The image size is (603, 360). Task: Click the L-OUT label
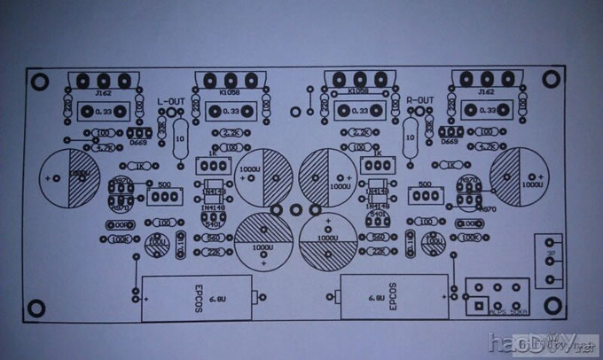(x=171, y=102)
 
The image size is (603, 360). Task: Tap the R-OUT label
(x=419, y=101)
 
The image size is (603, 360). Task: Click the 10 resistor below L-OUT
(x=180, y=140)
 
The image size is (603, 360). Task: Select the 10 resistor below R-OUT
(x=411, y=139)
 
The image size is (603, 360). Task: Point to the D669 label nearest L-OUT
(x=138, y=142)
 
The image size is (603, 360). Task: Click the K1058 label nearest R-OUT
(x=358, y=90)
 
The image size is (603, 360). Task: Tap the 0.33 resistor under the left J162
(x=104, y=113)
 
